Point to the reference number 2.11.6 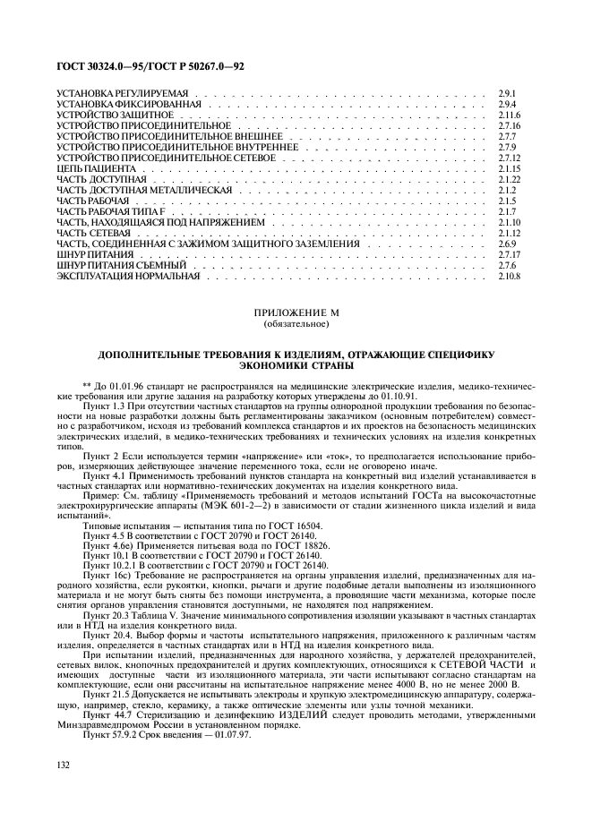pos(510,116)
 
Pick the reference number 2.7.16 pos(510,127)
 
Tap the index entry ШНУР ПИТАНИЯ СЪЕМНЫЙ pos(121,266)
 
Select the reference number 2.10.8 pos(510,277)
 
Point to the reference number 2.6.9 pos(507,244)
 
